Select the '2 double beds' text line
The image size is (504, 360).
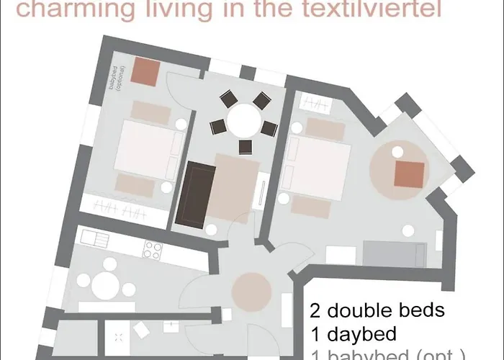(x=377, y=311)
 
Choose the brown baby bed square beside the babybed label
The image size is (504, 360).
(x=148, y=71)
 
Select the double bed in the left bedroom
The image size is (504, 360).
(x=146, y=147)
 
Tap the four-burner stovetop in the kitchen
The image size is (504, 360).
(x=152, y=250)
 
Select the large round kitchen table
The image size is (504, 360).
(x=107, y=284)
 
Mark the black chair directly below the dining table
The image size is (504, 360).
(x=245, y=147)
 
